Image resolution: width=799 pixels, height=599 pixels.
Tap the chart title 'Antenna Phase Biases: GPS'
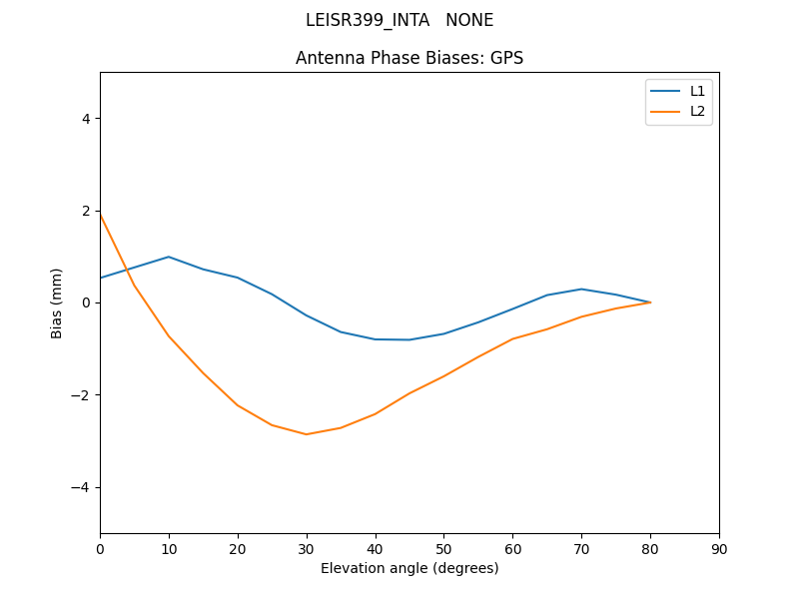click(x=409, y=58)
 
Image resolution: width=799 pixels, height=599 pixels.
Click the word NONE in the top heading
click(x=469, y=20)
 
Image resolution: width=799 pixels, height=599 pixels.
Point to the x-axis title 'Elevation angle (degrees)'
click(x=409, y=568)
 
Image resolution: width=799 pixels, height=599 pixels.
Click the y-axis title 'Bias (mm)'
click(x=58, y=302)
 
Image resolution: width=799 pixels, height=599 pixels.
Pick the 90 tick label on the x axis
click(x=719, y=548)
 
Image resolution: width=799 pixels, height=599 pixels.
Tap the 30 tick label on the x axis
click(x=307, y=548)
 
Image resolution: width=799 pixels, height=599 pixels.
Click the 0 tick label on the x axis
click(x=100, y=548)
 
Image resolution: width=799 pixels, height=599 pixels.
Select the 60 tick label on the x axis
click(x=512, y=548)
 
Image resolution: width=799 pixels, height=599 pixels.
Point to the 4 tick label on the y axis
click(x=86, y=118)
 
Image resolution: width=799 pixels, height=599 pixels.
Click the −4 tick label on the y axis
click(x=82, y=487)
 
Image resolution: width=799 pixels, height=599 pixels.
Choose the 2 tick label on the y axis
click(x=86, y=211)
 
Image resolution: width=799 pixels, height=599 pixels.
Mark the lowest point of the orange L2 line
click(x=307, y=434)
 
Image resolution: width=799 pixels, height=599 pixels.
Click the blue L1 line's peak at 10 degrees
click(x=169, y=257)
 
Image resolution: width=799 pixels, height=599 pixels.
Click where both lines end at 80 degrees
click(x=650, y=302)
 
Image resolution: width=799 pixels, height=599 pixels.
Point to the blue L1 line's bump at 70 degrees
click(x=581, y=289)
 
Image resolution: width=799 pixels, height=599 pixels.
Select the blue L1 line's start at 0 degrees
click(x=101, y=278)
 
